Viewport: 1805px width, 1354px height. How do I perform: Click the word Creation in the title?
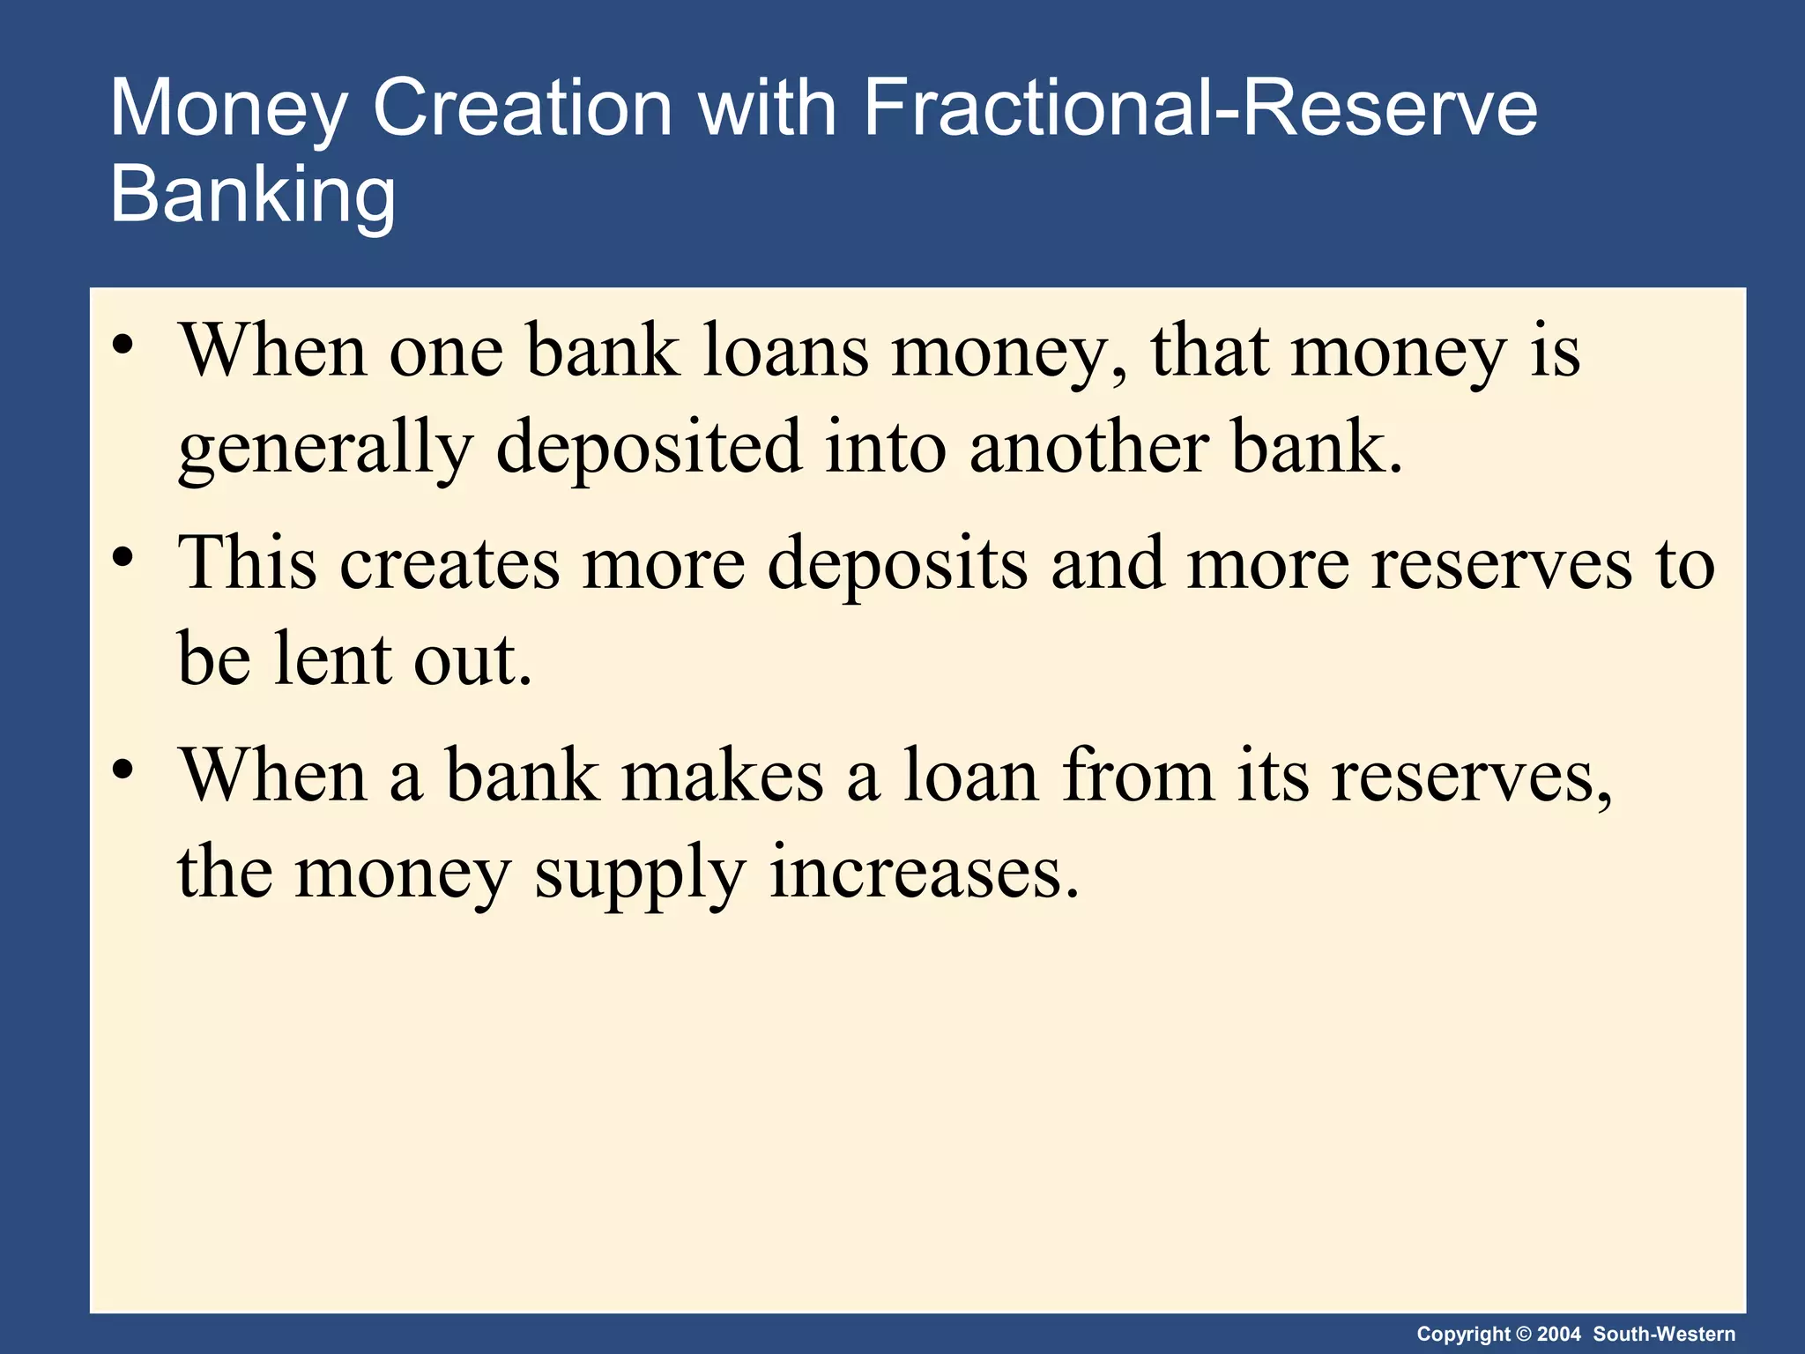pyautogui.click(x=523, y=108)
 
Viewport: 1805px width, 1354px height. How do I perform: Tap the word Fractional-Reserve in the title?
pyautogui.click(x=1200, y=108)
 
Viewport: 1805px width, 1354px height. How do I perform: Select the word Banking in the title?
pyautogui.click(x=253, y=194)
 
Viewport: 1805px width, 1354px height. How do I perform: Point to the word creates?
pyautogui.click(x=449, y=564)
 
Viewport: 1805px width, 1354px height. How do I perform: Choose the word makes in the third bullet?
pyautogui.click(x=723, y=776)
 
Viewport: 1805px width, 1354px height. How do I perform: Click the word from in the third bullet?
pyautogui.click(x=1138, y=776)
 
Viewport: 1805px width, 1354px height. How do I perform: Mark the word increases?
pyautogui.click(x=924, y=873)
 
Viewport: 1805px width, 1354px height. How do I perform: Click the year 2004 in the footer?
pyautogui.click(x=1559, y=1334)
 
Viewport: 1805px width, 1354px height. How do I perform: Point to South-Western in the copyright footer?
pyautogui.click(x=1664, y=1334)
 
